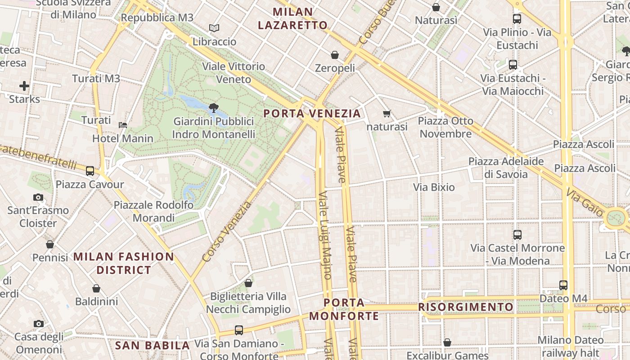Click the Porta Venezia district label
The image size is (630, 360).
tap(312, 113)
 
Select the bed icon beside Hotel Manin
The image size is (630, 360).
tap(123, 125)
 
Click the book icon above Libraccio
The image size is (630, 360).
tap(214, 28)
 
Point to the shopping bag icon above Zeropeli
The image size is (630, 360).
tap(335, 55)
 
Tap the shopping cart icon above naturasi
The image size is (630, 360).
tap(387, 113)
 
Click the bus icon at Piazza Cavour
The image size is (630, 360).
tap(90, 171)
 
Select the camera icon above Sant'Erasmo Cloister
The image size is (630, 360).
tap(38, 197)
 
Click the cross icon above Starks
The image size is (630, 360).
tap(24, 85)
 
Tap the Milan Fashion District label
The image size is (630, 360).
tap(124, 263)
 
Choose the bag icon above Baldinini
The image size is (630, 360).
tap(96, 288)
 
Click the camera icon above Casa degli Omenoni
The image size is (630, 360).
tap(39, 324)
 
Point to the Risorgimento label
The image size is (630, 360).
tap(466, 307)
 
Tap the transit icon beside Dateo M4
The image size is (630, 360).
tap(563, 285)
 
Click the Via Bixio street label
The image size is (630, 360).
tap(434, 187)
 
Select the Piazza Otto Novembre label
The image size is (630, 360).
tap(446, 127)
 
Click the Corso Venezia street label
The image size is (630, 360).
tap(227, 232)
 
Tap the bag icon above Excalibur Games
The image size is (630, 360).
tap(447, 342)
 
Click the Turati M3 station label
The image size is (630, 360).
tap(96, 79)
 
